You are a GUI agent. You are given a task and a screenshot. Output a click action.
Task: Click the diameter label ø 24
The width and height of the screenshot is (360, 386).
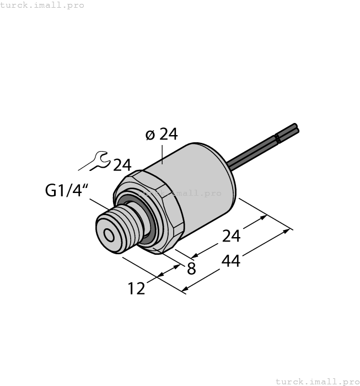162,135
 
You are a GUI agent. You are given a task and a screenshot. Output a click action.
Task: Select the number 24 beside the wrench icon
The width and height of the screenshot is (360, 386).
122,165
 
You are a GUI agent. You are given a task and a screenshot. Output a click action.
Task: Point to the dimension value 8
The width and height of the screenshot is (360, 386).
191,269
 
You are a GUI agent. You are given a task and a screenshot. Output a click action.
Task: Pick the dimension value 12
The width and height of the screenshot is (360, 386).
136,288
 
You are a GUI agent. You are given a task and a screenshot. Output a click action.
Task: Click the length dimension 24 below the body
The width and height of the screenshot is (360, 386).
231,236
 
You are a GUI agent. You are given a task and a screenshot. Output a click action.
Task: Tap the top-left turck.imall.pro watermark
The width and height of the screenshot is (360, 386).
42,5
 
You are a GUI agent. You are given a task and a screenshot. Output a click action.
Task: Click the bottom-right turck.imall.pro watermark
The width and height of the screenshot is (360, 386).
316,381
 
